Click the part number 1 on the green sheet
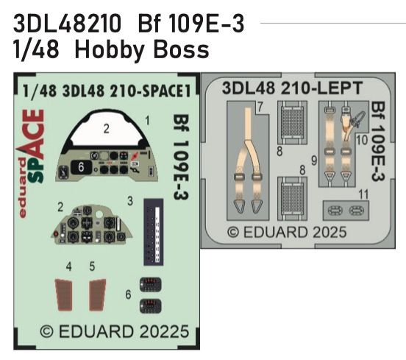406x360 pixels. pos(148,119)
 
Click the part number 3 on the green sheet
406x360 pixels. pos(129,200)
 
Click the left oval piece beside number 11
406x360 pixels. pos(335,211)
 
